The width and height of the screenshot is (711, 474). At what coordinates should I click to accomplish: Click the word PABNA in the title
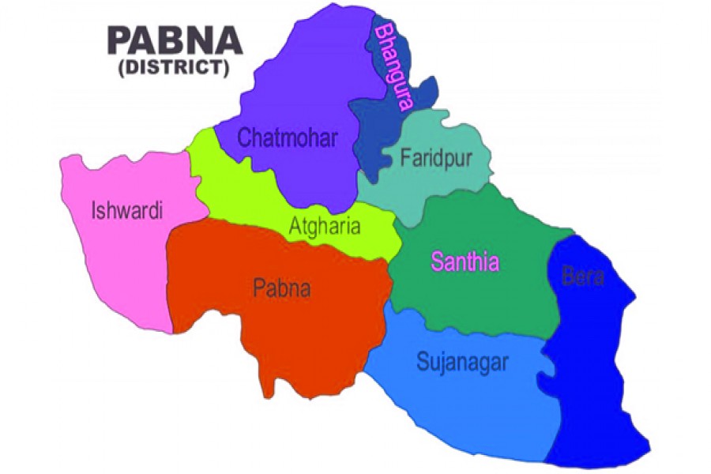(175, 40)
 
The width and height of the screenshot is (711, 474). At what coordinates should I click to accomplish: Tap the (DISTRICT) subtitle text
(174, 69)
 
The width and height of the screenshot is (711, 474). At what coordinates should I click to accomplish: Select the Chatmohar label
(288, 140)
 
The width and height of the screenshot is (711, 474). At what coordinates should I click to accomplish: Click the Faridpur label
(436, 158)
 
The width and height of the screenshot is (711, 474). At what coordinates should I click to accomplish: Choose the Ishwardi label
(127, 211)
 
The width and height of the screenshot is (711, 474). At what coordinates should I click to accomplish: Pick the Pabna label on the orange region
(281, 288)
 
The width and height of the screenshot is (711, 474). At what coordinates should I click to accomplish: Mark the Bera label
(583, 276)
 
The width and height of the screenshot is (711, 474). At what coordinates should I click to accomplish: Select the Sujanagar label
(462, 363)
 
